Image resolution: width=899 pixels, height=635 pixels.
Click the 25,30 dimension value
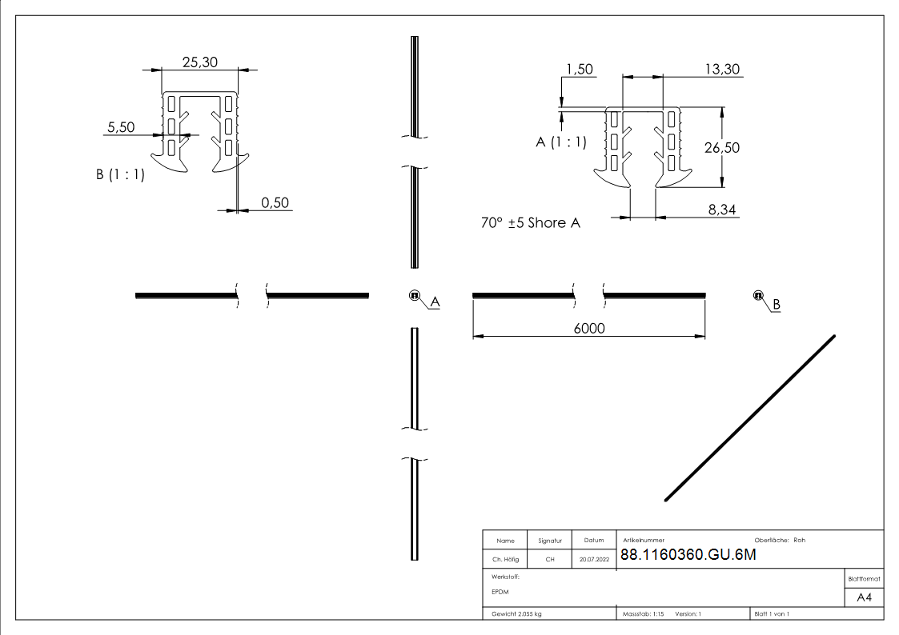coord(199,62)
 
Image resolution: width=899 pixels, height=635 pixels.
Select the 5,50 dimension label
coord(121,127)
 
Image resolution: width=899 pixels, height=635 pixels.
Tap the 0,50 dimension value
coord(275,202)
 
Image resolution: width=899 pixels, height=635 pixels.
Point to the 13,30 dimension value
coord(721,70)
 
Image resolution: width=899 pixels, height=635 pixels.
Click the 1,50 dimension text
coord(579,70)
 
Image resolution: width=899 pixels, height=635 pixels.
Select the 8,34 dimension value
coord(723,209)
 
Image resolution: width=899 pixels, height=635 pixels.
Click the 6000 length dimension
coord(588,329)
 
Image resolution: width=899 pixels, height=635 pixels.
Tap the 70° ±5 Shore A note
coord(530,223)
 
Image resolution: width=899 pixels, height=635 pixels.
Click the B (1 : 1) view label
coord(120,174)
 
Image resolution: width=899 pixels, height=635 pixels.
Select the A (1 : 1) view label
coord(560,142)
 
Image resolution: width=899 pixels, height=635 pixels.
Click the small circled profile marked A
coord(415,296)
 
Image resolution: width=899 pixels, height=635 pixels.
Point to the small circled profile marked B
coord(757,296)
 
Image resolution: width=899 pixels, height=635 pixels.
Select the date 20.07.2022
coord(594,560)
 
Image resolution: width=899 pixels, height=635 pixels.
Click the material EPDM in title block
coord(500,592)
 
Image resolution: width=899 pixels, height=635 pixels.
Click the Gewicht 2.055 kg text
coord(517,613)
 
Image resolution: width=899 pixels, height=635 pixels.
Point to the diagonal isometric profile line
coord(750,418)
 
